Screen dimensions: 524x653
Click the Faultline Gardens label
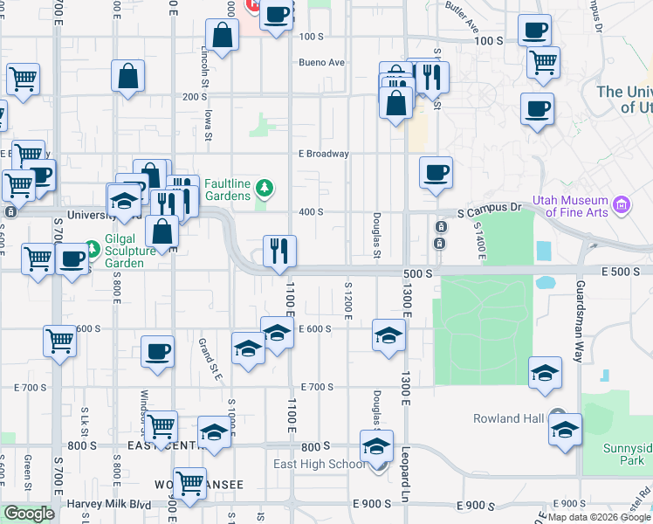coord(228,190)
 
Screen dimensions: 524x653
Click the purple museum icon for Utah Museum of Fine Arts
coord(622,206)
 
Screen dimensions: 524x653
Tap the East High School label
coord(319,464)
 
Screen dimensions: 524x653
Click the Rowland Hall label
coord(509,418)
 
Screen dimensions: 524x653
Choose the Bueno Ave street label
coord(322,62)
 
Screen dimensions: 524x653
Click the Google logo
coord(29,514)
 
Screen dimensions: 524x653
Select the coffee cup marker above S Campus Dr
coord(436,172)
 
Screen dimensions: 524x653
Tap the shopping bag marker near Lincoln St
coord(223,36)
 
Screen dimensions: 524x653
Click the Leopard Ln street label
coord(406,471)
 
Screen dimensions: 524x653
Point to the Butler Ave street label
coord(462,15)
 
